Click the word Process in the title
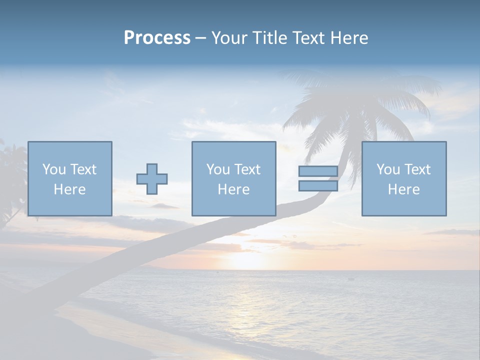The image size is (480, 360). tap(157, 38)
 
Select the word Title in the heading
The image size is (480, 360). tap(268, 38)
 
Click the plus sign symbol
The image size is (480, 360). tap(152, 179)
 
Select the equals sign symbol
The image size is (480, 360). tap(318, 178)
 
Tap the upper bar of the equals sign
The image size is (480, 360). tap(318, 171)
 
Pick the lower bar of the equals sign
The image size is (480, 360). tap(318, 185)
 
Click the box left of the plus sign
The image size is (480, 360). tap(70, 179)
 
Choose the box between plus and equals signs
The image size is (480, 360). tap(233, 179)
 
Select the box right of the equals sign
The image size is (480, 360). tap(404, 179)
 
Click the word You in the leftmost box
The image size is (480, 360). tap(53, 169)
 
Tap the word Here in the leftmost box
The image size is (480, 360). tap(69, 189)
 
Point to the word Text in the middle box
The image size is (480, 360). tap(248, 169)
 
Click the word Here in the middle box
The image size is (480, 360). tap(233, 189)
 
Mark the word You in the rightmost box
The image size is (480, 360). tap(387, 169)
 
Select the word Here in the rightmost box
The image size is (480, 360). tap(403, 189)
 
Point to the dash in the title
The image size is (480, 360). tap(201, 38)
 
